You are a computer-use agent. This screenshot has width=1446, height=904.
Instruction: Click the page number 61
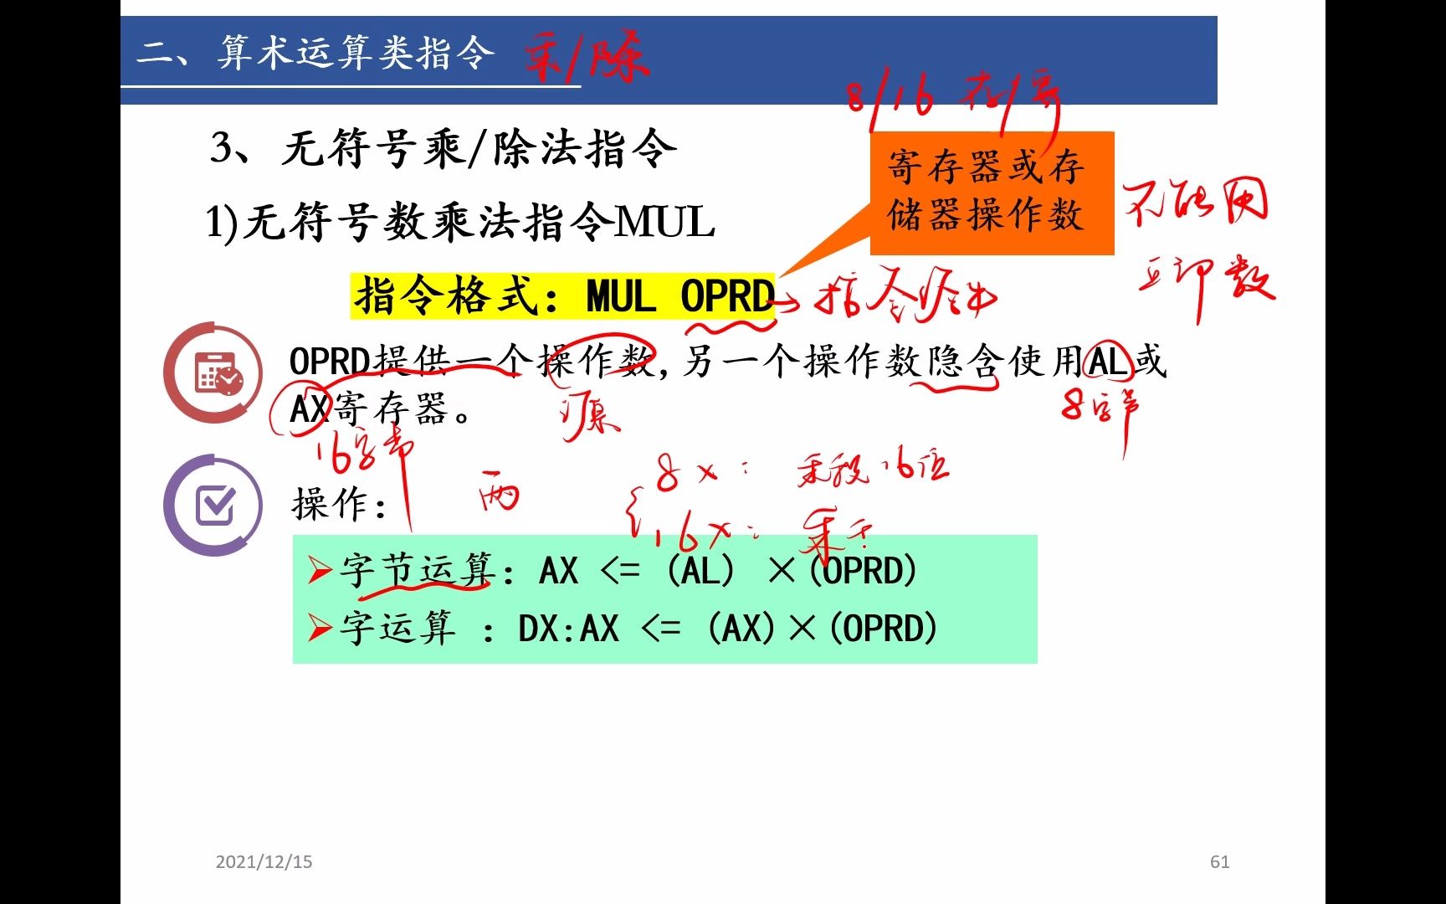1219,862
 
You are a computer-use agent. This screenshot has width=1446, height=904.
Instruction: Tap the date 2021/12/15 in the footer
264,862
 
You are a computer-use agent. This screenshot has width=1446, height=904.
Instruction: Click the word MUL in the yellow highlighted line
621,296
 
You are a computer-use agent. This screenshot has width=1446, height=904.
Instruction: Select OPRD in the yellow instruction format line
726,296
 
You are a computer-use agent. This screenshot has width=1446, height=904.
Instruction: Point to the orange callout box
992,193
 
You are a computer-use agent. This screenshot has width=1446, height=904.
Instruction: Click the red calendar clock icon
213,373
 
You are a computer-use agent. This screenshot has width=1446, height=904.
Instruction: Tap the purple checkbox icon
213,505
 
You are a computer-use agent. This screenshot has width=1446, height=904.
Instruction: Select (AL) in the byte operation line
701,572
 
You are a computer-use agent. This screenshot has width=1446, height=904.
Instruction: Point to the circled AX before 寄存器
308,409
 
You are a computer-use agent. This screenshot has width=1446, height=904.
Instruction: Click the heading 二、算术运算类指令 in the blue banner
315,54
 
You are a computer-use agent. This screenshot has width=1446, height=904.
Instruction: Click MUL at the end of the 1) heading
665,223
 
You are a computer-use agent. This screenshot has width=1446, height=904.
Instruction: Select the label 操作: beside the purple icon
339,505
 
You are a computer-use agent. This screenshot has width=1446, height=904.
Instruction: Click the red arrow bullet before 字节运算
320,571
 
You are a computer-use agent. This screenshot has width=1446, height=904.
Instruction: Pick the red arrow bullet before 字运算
320,628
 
